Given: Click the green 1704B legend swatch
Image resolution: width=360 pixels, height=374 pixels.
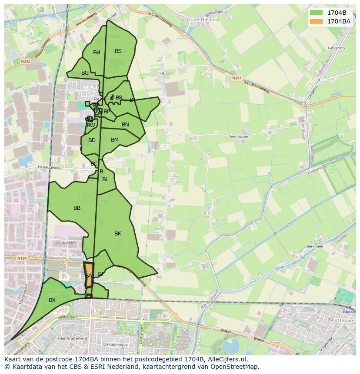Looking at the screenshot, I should (316, 12).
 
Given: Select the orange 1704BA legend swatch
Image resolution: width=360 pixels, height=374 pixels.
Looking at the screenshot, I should (316, 21).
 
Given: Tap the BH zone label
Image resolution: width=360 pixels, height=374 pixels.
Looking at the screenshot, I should (97, 53).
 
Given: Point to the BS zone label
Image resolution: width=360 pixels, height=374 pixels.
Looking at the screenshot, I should (118, 51).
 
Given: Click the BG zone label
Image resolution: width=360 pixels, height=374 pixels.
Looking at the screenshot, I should (85, 73).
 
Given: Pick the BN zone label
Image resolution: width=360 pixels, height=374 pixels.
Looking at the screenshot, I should (125, 125).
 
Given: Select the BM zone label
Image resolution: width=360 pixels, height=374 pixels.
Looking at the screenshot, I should (115, 140).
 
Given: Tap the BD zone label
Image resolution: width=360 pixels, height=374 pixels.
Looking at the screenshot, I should (92, 140).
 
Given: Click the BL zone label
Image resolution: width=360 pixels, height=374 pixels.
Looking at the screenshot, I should (105, 179).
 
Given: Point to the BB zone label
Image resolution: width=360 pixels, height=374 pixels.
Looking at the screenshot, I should (77, 208).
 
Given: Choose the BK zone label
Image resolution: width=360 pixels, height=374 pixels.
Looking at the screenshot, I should (118, 234).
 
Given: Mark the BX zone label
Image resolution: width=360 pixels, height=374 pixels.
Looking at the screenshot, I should (52, 300).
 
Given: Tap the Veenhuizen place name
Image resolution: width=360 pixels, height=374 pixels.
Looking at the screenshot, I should (238, 136).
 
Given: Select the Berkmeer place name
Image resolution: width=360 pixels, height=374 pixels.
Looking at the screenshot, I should (315, 246).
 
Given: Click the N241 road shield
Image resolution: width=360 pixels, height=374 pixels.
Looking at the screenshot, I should (237, 78).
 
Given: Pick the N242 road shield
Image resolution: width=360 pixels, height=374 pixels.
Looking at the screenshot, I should (25, 62).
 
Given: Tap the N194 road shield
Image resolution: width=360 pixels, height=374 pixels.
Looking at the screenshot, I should (22, 258).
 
